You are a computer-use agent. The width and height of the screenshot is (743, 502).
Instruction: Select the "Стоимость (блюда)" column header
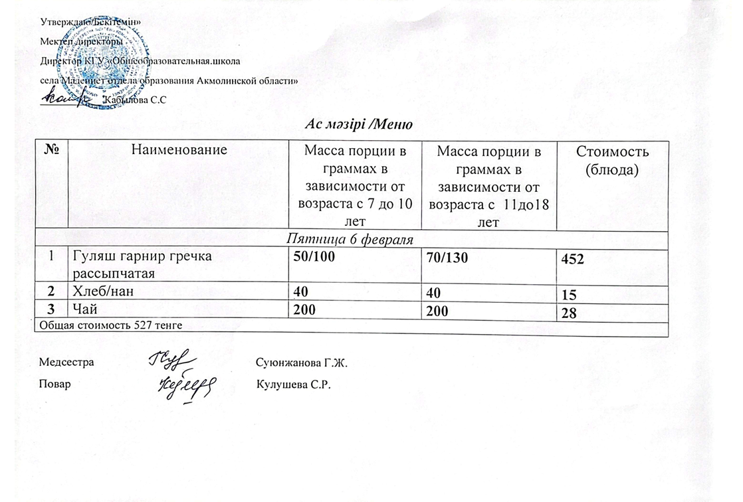(611, 160)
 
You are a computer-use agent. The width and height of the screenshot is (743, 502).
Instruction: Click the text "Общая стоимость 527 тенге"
(110, 325)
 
